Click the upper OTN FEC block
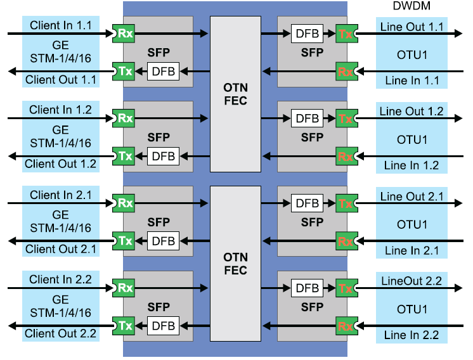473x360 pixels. (235, 93)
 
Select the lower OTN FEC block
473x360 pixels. (235, 264)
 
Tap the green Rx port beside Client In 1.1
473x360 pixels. (123, 33)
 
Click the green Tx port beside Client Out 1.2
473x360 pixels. (123, 155)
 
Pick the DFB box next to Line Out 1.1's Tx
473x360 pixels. (308, 33)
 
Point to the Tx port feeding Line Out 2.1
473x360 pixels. (346, 203)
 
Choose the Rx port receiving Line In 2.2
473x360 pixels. (346, 326)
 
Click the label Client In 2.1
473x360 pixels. (60, 195)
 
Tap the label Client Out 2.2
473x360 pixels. (60, 334)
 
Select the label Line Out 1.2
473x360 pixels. (411, 112)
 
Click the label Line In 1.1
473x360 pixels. (411, 80)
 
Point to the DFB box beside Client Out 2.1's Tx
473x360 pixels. (163, 241)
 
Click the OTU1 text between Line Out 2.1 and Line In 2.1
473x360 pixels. (411, 224)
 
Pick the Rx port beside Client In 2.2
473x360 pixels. (123, 288)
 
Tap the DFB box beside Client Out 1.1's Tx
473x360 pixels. (163, 71)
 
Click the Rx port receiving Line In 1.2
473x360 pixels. (346, 156)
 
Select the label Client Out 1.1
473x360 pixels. (60, 80)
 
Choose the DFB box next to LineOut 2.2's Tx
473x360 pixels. (308, 288)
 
